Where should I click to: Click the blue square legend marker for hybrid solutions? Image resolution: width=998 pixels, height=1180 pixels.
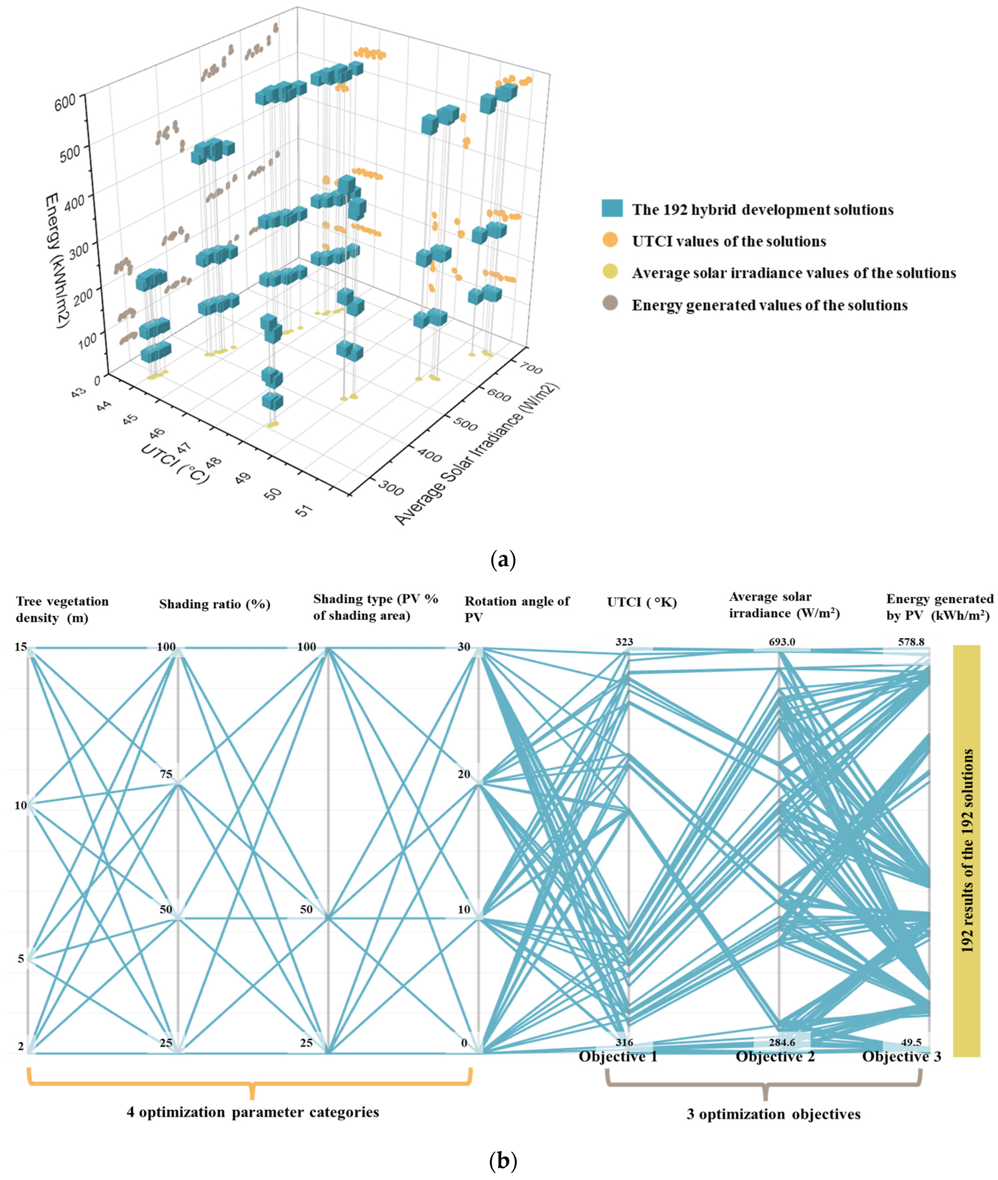(x=612, y=209)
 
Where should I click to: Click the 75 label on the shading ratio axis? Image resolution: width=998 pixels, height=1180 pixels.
(x=166, y=775)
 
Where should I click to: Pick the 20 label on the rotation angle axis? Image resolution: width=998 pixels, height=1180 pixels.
(x=464, y=775)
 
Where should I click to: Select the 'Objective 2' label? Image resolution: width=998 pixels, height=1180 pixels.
(x=775, y=1057)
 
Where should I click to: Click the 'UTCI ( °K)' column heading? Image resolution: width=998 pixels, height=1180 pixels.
(x=642, y=602)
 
